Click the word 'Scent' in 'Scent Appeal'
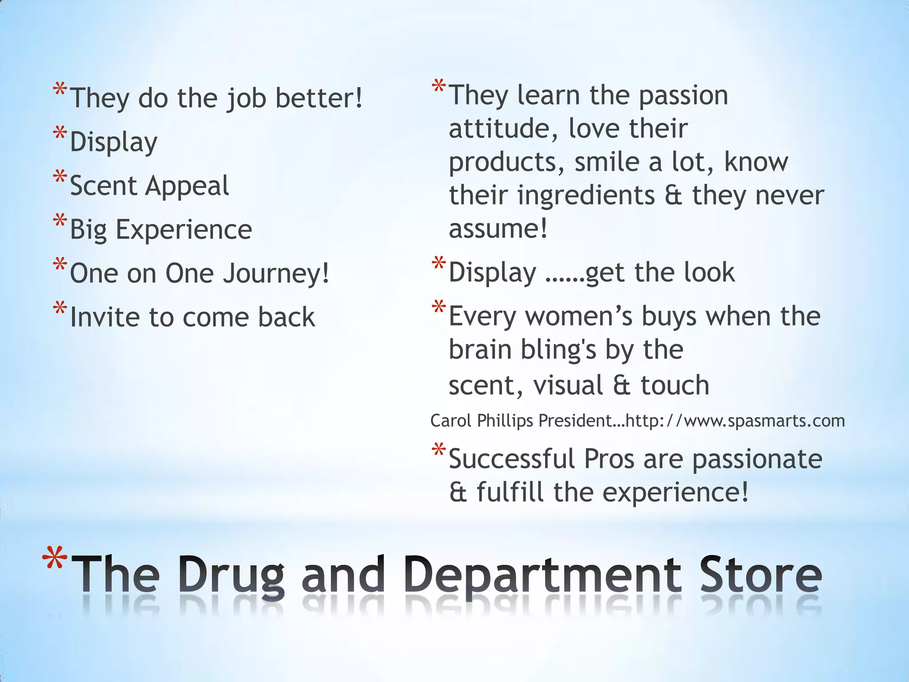[103, 186]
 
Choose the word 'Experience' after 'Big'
[184, 230]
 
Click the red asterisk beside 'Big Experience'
[60, 221]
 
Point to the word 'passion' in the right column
[683, 96]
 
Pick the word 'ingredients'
[585, 195]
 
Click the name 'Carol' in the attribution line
[451, 420]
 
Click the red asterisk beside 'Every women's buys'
[439, 307]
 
